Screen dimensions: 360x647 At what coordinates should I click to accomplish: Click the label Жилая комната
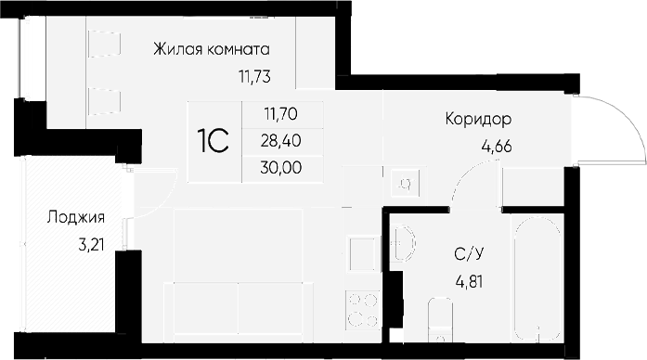point(212,49)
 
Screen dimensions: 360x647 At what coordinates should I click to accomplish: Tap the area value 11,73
point(253,77)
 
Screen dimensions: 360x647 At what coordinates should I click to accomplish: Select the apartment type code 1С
point(213,141)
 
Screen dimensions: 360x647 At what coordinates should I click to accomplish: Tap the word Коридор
point(478,120)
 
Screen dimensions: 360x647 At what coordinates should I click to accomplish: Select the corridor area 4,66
point(497,145)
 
